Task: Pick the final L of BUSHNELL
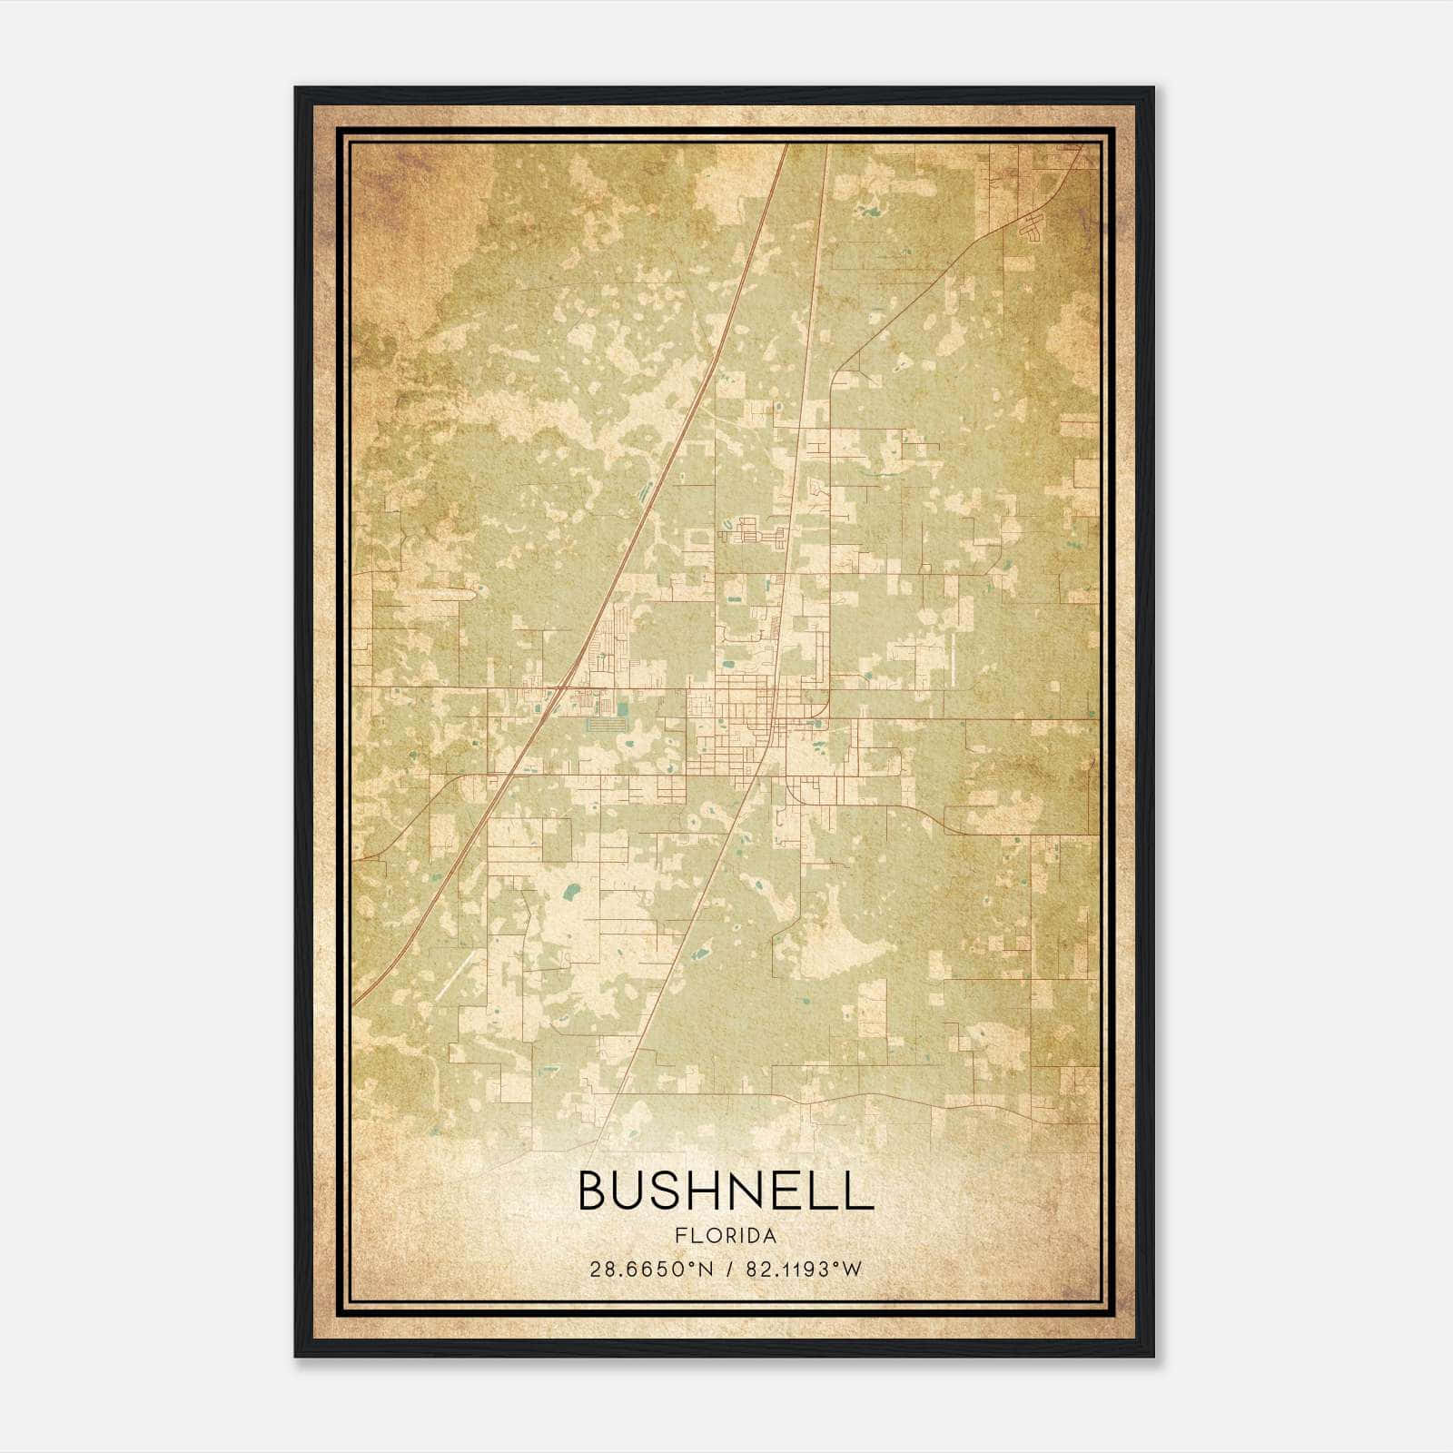pyautogui.click(x=861, y=1191)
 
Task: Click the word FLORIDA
pyautogui.click(x=726, y=1236)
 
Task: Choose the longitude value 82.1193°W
pyautogui.click(x=803, y=1270)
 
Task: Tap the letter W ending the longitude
pyautogui.click(x=852, y=1270)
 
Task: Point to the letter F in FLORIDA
pyautogui.click(x=680, y=1236)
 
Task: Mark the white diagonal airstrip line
pyautogui.click(x=453, y=975)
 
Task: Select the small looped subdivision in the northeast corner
pyautogui.click(x=1033, y=227)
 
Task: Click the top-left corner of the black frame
pyautogui.click(x=297, y=89)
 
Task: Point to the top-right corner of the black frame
pyautogui.click(x=1152, y=89)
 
